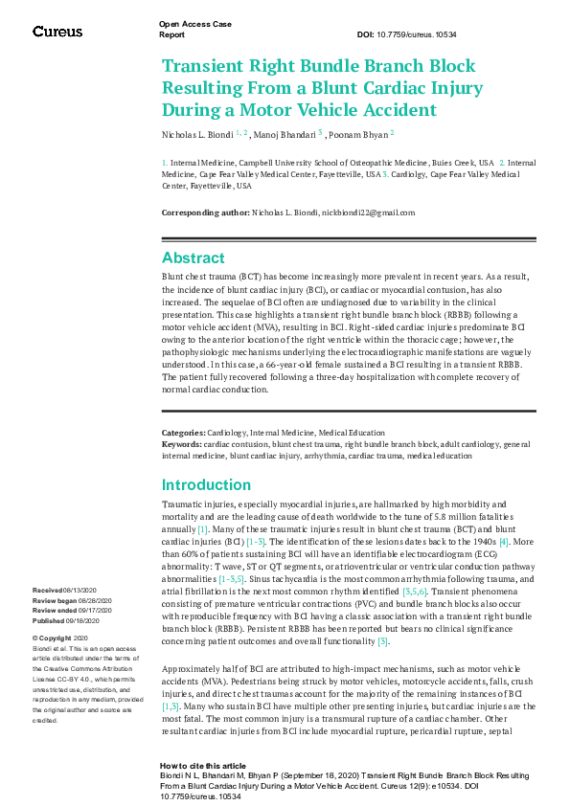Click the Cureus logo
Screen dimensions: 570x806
pos(57,32)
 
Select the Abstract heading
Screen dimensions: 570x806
pos(194,258)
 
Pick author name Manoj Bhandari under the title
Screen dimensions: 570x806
pos(287,134)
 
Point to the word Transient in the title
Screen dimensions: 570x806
pos(207,67)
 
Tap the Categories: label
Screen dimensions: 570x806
pos(183,434)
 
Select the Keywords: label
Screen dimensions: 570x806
pos(181,443)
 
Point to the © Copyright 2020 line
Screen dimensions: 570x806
pos(60,638)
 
